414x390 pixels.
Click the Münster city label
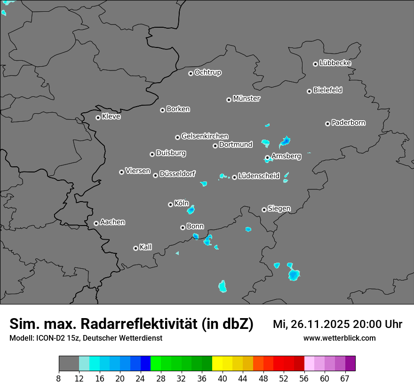tap(247, 99)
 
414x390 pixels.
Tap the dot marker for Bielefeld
tap(309, 91)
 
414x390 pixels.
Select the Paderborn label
tap(349, 123)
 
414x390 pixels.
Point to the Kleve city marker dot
tap(98, 117)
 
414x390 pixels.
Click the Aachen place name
tap(112, 222)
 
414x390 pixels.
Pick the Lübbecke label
tap(335, 63)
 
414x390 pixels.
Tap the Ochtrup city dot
tap(191, 73)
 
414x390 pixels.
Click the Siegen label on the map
tap(279, 209)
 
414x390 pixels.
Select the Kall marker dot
tap(135, 248)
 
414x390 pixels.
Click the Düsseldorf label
tap(177, 174)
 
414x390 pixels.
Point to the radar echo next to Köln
tap(191, 210)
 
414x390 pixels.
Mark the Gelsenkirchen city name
tap(205, 136)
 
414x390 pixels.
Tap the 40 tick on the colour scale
tap(223, 379)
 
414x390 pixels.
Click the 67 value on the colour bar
tap(345, 379)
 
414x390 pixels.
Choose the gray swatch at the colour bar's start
tap(69, 364)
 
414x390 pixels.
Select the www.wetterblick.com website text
tap(339, 338)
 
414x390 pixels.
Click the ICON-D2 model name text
tap(50, 338)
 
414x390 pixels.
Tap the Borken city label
tap(178, 109)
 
